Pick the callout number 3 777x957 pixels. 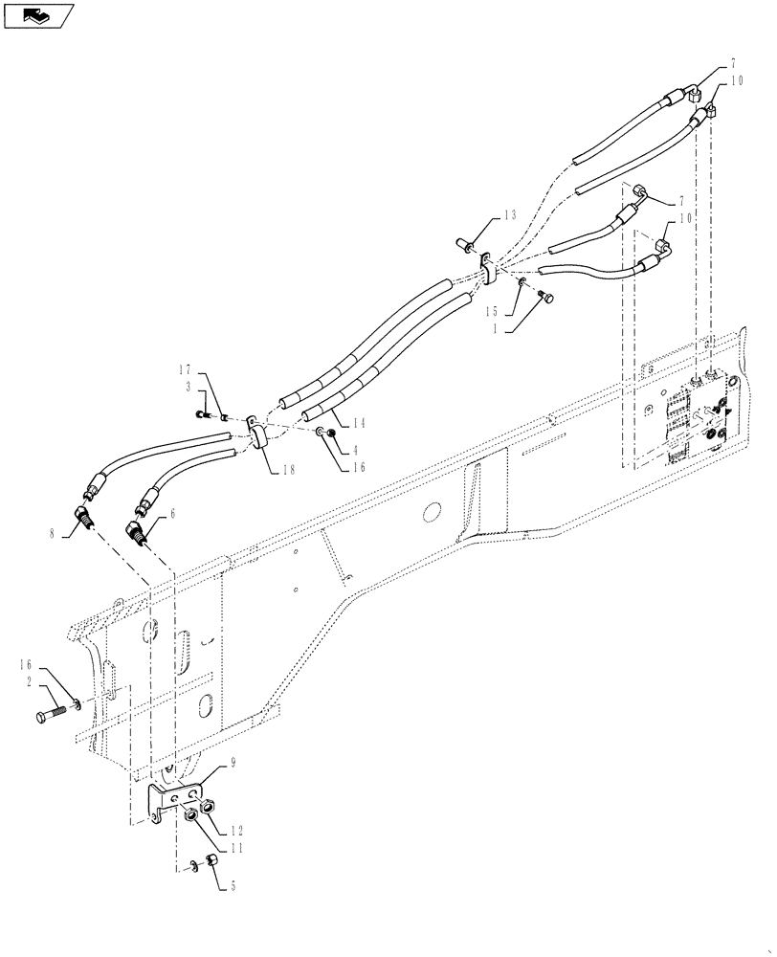coord(189,385)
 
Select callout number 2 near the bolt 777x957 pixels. coord(31,683)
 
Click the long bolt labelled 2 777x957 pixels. coord(59,716)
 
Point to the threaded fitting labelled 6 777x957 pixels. coord(137,531)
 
